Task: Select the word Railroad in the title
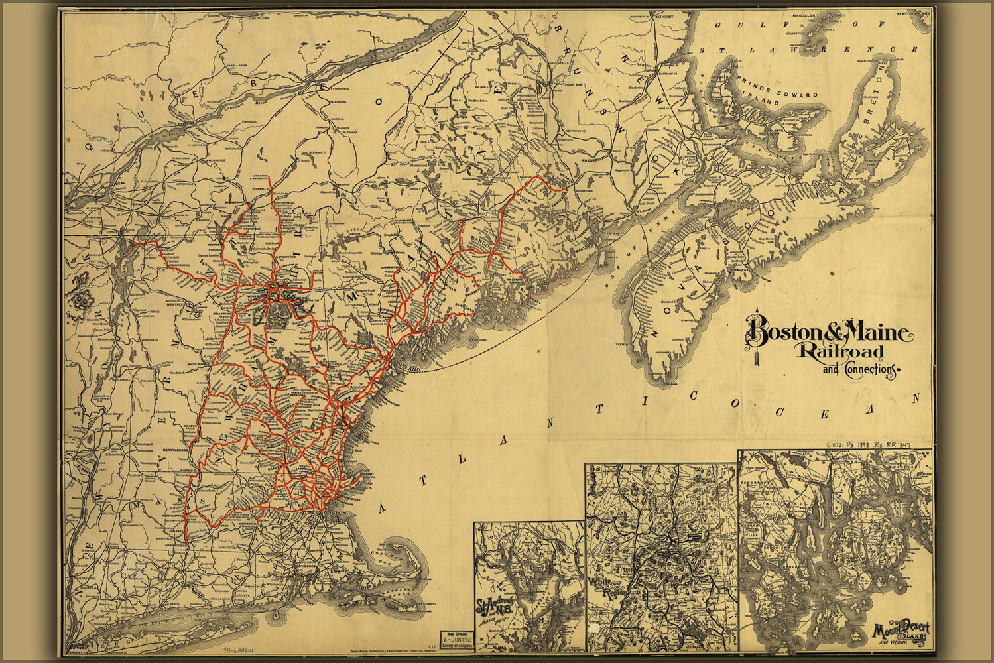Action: (841, 351)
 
